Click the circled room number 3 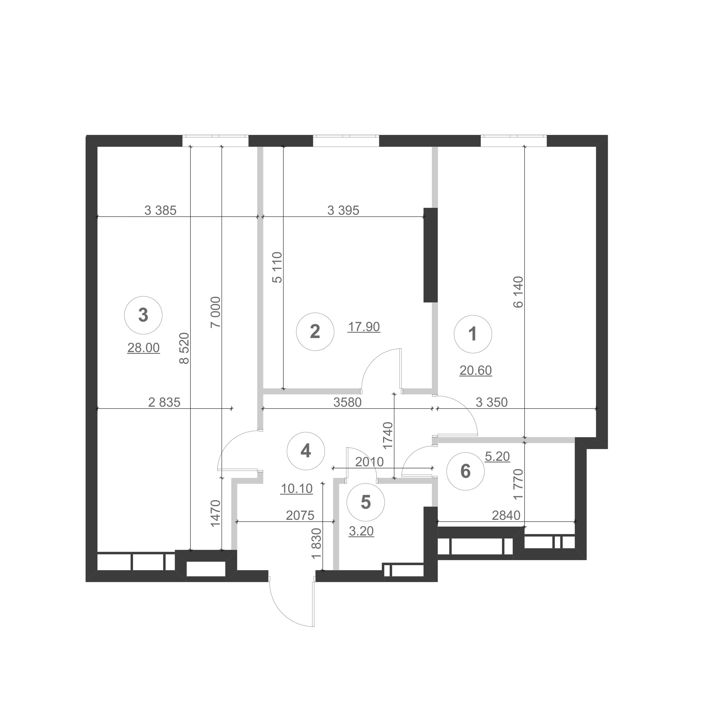tap(144, 315)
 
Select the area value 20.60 tap(476, 370)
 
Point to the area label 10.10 tap(297, 489)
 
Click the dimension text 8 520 tap(184, 348)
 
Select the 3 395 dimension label tap(343, 210)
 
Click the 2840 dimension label tap(506, 515)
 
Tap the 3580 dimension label tap(347, 402)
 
